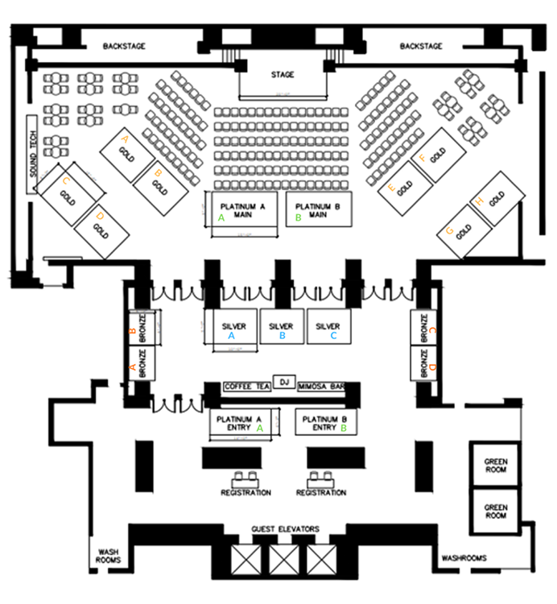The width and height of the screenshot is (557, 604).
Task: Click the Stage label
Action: [282, 75]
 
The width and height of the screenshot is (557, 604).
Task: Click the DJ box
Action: [283, 381]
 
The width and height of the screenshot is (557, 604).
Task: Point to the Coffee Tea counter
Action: [247, 387]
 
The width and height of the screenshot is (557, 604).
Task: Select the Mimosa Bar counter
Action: [322, 387]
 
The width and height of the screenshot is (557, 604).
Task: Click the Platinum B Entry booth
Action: [324, 423]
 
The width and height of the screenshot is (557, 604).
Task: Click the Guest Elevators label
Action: [285, 529]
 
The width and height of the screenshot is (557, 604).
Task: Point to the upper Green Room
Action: [495, 465]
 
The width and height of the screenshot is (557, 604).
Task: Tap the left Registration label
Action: [245, 492]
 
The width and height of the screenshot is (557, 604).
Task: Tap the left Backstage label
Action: [123, 47]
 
